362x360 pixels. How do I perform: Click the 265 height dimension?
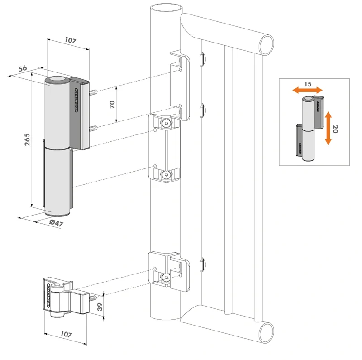point(27,142)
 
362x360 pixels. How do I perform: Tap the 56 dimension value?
point(23,68)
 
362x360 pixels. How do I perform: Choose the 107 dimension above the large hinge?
point(70,40)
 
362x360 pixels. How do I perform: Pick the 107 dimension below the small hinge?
point(66,335)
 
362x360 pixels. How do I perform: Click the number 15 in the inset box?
point(307,85)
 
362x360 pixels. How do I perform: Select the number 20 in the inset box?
point(335,129)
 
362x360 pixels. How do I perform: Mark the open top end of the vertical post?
point(166,8)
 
